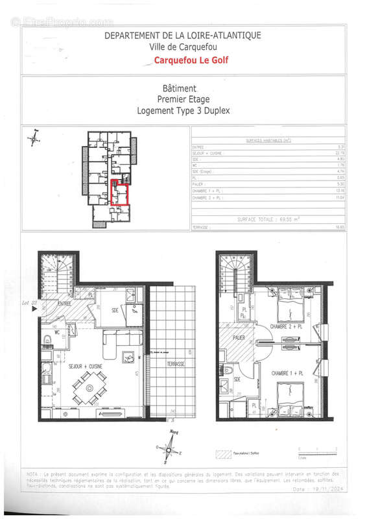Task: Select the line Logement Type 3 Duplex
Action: click(x=184, y=110)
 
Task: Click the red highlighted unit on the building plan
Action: click(x=119, y=193)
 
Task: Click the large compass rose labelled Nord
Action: click(x=169, y=448)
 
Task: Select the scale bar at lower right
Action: click(x=315, y=450)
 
